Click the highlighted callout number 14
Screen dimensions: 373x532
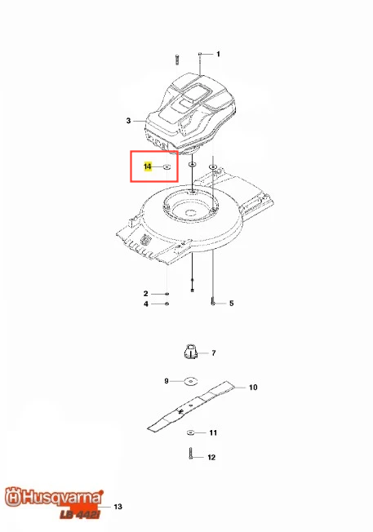coord(148,166)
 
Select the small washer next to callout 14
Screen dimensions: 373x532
coord(167,167)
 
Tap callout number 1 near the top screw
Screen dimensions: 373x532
coord(218,54)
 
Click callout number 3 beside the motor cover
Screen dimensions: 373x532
coord(128,121)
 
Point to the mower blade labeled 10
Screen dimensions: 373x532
coord(192,406)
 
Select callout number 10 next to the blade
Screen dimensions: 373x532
coord(253,387)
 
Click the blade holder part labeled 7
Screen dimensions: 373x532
coord(191,352)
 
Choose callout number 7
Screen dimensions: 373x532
coord(214,353)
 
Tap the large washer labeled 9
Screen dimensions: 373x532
coord(192,381)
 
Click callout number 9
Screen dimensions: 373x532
coord(167,381)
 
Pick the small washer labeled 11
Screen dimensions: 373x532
coord(190,432)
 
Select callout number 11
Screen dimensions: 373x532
coord(213,432)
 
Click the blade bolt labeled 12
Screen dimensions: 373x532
coord(191,454)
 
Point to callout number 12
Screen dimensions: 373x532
coord(211,458)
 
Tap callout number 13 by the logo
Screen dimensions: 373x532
coord(118,507)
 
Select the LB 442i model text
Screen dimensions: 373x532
coord(80,514)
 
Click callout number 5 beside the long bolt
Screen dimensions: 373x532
coord(232,303)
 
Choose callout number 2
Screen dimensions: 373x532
coord(146,294)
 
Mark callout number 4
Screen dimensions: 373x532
coord(146,304)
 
